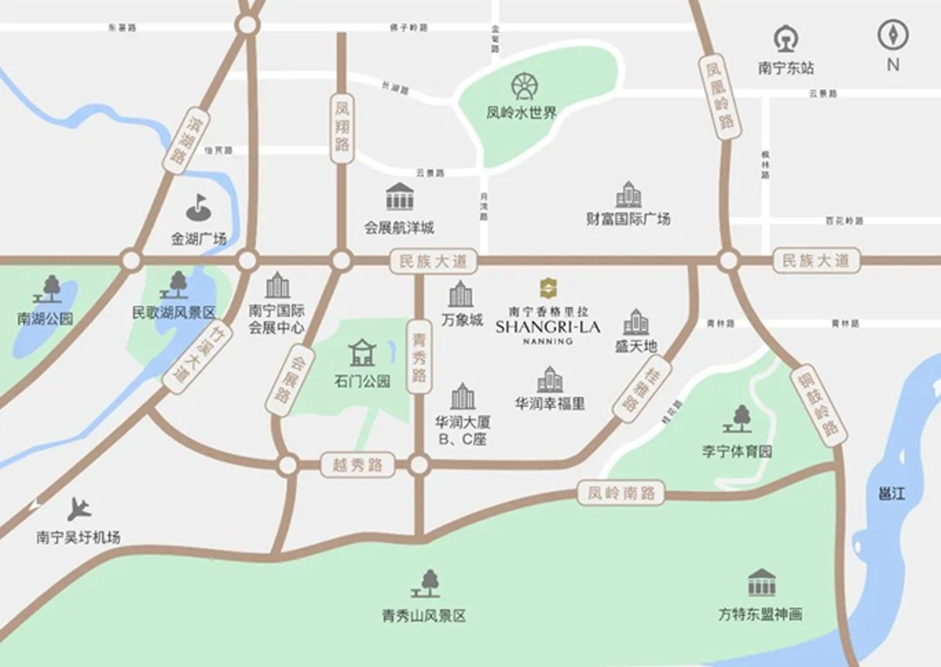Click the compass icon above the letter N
coord(892,35)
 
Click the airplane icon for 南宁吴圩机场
coord(79,509)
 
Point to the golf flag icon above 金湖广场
coord(198,207)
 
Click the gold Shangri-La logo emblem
coord(548,288)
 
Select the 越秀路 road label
coord(357,465)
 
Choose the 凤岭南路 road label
coord(621,492)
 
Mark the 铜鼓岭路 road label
coord(818,406)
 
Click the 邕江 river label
coord(892,493)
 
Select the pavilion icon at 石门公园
coord(362,353)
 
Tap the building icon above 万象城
coord(461,294)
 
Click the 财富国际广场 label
coord(628,219)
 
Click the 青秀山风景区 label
coord(424,616)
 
